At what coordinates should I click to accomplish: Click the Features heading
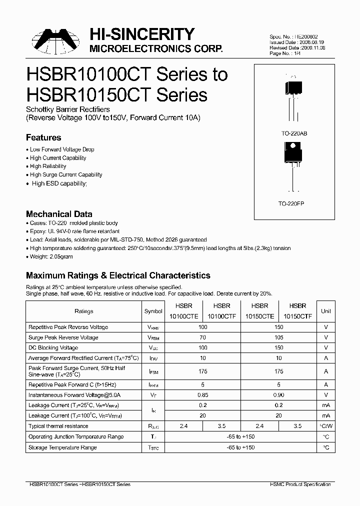43,137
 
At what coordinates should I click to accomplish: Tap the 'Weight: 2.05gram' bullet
52,256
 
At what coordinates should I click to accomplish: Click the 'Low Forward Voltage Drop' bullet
62,149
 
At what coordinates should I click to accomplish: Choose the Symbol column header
153,311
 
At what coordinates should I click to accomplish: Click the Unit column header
325,311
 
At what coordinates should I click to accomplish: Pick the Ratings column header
84,311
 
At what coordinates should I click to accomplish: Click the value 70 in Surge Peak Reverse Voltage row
202,337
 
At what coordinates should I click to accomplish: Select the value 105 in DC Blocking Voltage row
278,347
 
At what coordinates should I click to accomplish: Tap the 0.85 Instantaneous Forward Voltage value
202,395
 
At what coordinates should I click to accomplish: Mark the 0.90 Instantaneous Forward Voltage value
278,395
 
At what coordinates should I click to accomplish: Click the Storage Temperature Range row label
62,447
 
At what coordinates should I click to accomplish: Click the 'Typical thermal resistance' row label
58,426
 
